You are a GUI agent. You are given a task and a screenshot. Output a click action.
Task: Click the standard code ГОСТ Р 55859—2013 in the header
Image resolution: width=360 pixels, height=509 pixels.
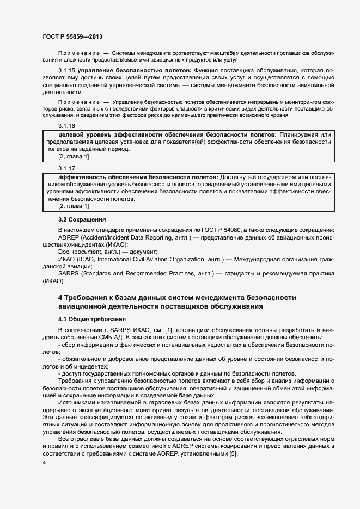[71, 36]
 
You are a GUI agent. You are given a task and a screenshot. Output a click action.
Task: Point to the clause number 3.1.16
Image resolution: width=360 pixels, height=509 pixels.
[66, 125]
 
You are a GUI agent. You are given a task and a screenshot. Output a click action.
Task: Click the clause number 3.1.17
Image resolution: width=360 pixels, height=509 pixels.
[66, 168]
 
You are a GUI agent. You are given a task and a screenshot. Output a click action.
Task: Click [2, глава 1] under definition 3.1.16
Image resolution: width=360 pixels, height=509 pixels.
[74, 157]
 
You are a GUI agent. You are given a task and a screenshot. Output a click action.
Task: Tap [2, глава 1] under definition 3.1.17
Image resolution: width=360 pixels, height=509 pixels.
[74, 206]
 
